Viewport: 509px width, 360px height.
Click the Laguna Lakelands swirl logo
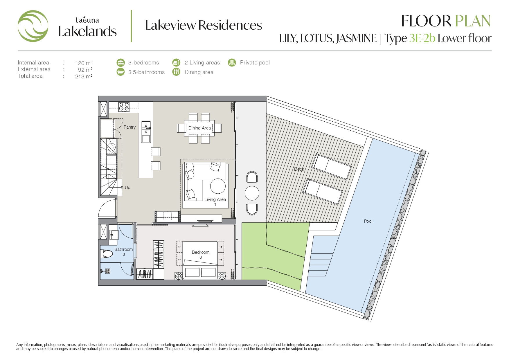(33, 26)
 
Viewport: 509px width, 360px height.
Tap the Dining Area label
(199, 128)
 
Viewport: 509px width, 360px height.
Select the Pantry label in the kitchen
(130, 127)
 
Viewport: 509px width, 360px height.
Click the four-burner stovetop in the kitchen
(124, 107)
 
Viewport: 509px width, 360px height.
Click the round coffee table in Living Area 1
(218, 186)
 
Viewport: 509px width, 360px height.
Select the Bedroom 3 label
(200, 255)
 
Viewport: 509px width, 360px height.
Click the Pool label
(368, 221)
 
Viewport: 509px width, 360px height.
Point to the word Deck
(299, 169)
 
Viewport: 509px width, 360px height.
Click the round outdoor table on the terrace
(252, 193)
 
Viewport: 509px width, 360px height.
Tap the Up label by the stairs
(127, 188)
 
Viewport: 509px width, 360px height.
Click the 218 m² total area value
(84, 76)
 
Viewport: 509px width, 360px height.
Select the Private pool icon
(232, 62)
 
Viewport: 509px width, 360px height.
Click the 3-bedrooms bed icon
(120, 62)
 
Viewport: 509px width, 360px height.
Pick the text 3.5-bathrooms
(146, 72)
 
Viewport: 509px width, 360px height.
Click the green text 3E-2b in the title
(422, 38)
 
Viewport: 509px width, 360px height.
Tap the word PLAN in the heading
(473, 21)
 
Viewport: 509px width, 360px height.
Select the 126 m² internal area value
(84, 63)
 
